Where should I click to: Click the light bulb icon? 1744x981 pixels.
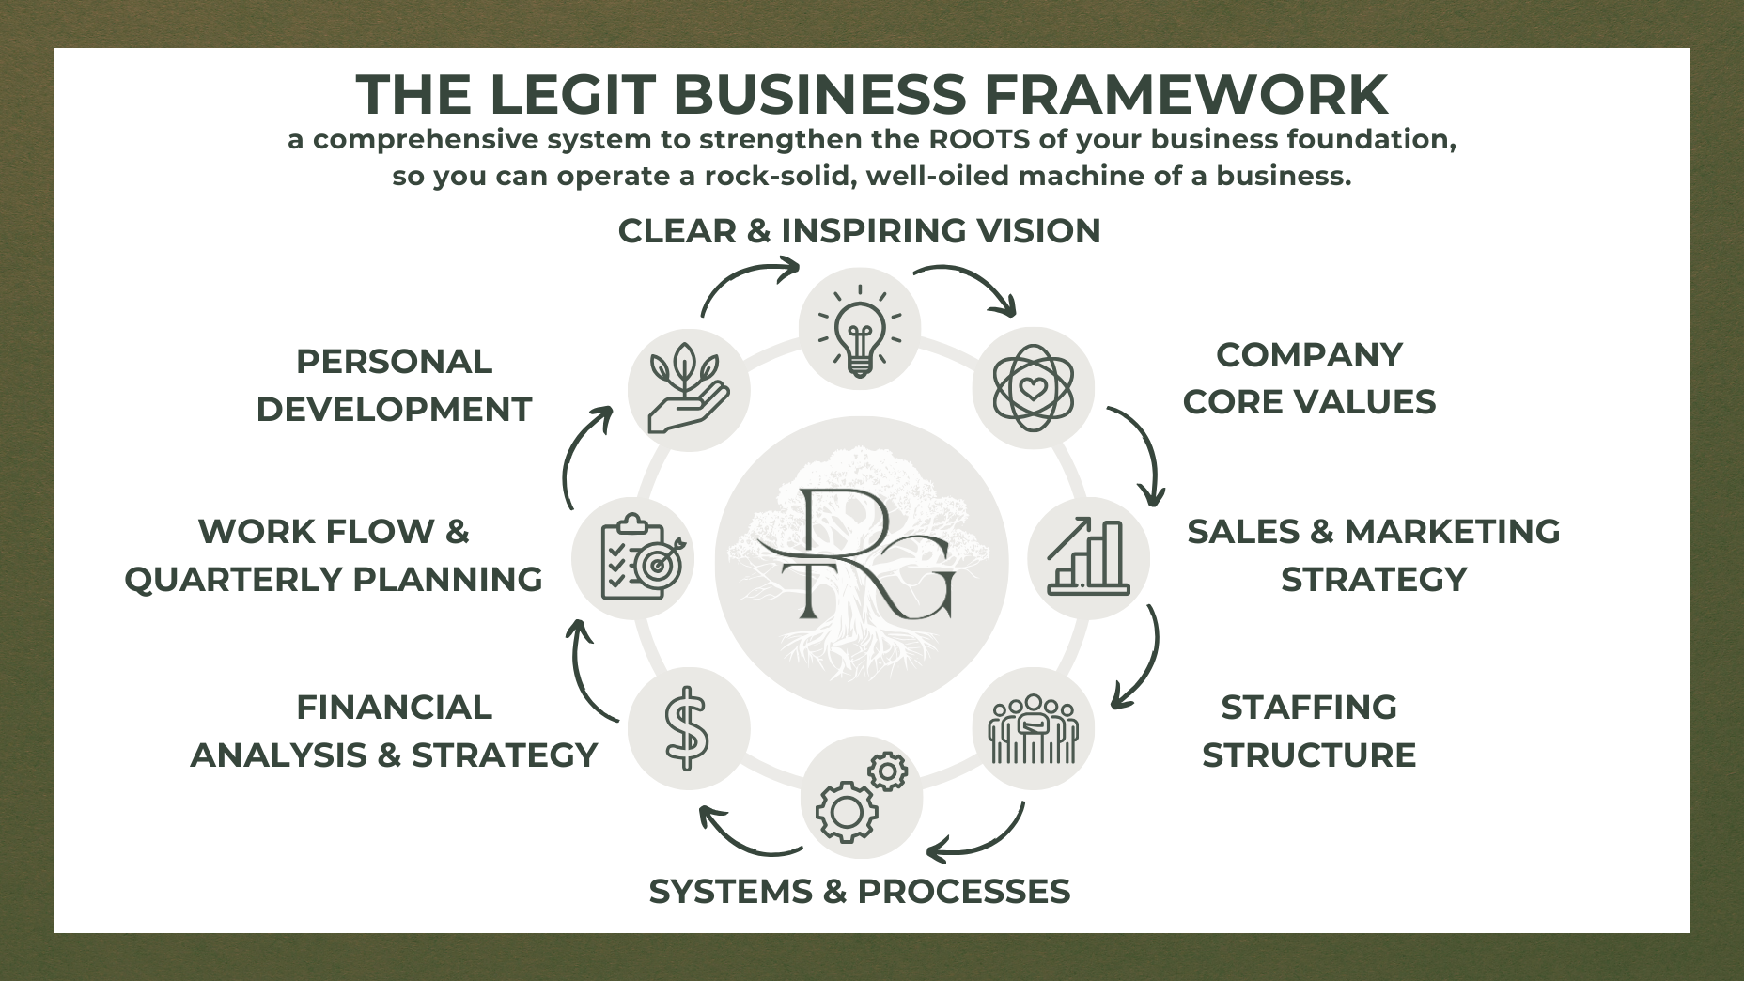click(x=860, y=329)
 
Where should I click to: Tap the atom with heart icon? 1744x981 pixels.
click(x=1033, y=387)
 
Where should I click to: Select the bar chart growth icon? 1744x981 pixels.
click(x=1089, y=558)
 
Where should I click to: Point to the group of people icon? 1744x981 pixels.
click(x=1033, y=728)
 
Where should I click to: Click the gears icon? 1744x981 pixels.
click(x=861, y=798)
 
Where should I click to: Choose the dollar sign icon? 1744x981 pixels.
click(x=687, y=728)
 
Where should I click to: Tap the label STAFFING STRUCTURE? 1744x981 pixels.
click(x=1309, y=731)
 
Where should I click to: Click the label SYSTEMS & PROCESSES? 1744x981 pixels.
click(x=860, y=892)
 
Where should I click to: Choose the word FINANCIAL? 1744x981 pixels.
click(x=394, y=708)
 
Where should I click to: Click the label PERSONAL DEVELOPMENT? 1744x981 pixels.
click(x=394, y=385)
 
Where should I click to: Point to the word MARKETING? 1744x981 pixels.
click(x=1452, y=532)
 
